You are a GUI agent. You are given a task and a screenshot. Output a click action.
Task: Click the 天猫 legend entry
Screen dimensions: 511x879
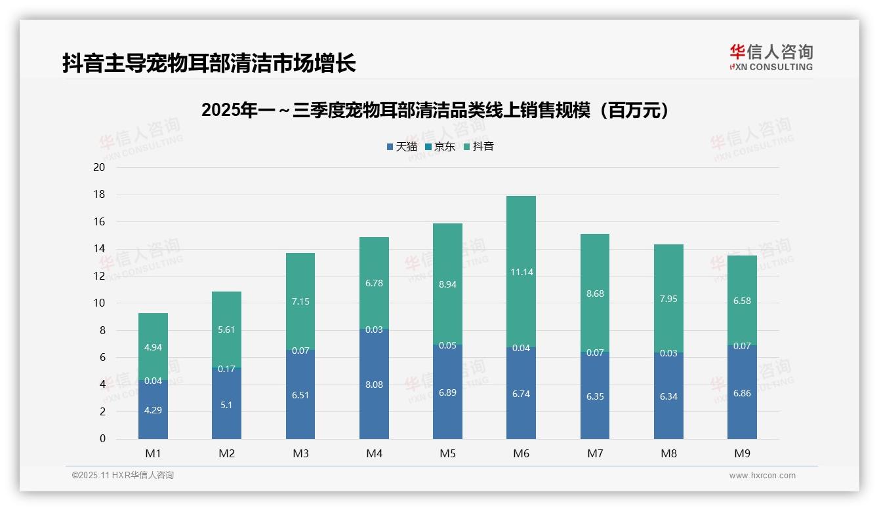(x=401, y=147)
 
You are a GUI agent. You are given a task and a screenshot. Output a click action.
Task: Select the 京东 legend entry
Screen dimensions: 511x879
(x=439, y=147)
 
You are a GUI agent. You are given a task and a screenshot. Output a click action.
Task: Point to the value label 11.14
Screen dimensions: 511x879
(x=521, y=272)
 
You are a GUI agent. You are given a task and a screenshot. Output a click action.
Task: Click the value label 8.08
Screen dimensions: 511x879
(x=374, y=385)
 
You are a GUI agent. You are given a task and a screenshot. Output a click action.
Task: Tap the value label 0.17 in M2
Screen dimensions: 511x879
(x=226, y=369)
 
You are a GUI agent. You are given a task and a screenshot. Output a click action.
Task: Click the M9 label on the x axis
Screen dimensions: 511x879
(x=742, y=453)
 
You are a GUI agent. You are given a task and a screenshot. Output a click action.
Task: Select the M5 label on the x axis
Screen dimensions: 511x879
(x=447, y=453)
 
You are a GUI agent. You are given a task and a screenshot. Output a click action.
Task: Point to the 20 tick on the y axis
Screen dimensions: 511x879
(x=99, y=167)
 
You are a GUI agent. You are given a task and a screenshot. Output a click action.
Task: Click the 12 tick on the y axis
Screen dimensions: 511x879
(x=99, y=276)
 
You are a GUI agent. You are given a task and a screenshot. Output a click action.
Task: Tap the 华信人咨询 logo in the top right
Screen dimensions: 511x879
(x=771, y=57)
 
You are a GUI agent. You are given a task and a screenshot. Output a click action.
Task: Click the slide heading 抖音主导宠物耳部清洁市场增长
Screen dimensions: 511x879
(x=209, y=63)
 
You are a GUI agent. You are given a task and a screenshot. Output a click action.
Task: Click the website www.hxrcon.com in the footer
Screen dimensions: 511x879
(x=762, y=476)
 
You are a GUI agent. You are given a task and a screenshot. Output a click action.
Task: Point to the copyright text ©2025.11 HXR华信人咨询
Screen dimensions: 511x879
(x=123, y=476)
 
